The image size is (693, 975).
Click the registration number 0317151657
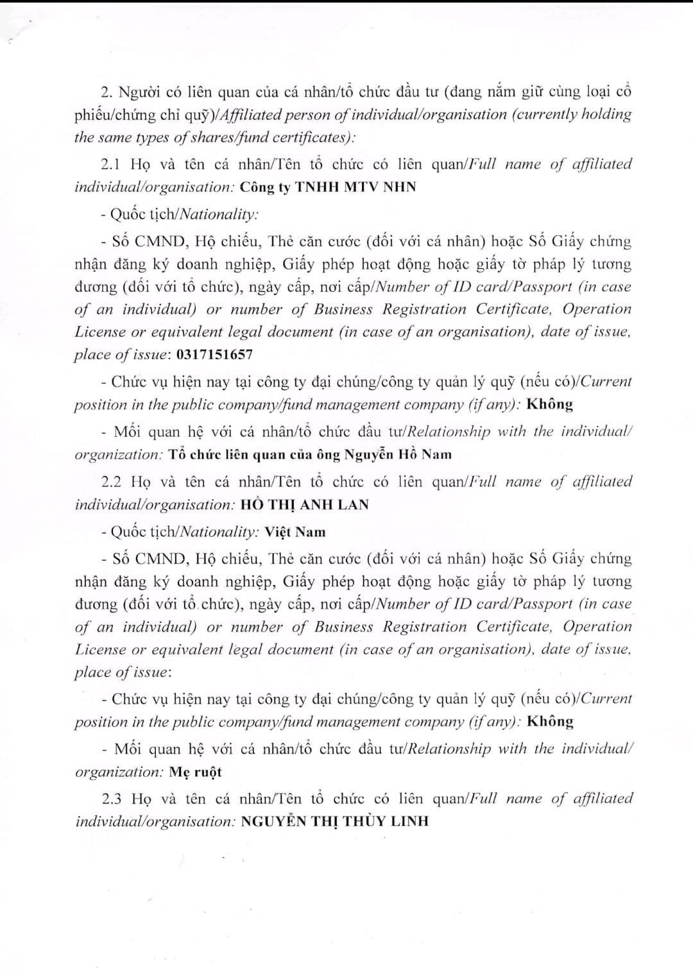pos(214,354)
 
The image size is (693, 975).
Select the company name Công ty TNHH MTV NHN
pos(328,187)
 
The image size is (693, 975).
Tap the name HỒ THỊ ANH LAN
pos(304,504)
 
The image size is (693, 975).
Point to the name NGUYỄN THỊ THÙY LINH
pos(334,821)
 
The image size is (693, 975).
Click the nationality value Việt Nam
pos(295,532)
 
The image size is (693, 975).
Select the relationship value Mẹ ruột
pos(195,772)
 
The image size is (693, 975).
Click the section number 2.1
pos(111,164)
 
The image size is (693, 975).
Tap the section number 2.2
pos(112,482)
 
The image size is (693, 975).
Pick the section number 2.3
pos(112,799)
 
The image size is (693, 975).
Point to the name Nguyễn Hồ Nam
pos(398,454)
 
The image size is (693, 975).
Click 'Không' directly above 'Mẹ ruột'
pos(550,721)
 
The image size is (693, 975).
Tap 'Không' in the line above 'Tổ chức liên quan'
pos(549,404)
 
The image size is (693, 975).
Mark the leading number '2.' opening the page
pos(107,92)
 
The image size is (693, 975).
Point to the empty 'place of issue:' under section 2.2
pos(123,672)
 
